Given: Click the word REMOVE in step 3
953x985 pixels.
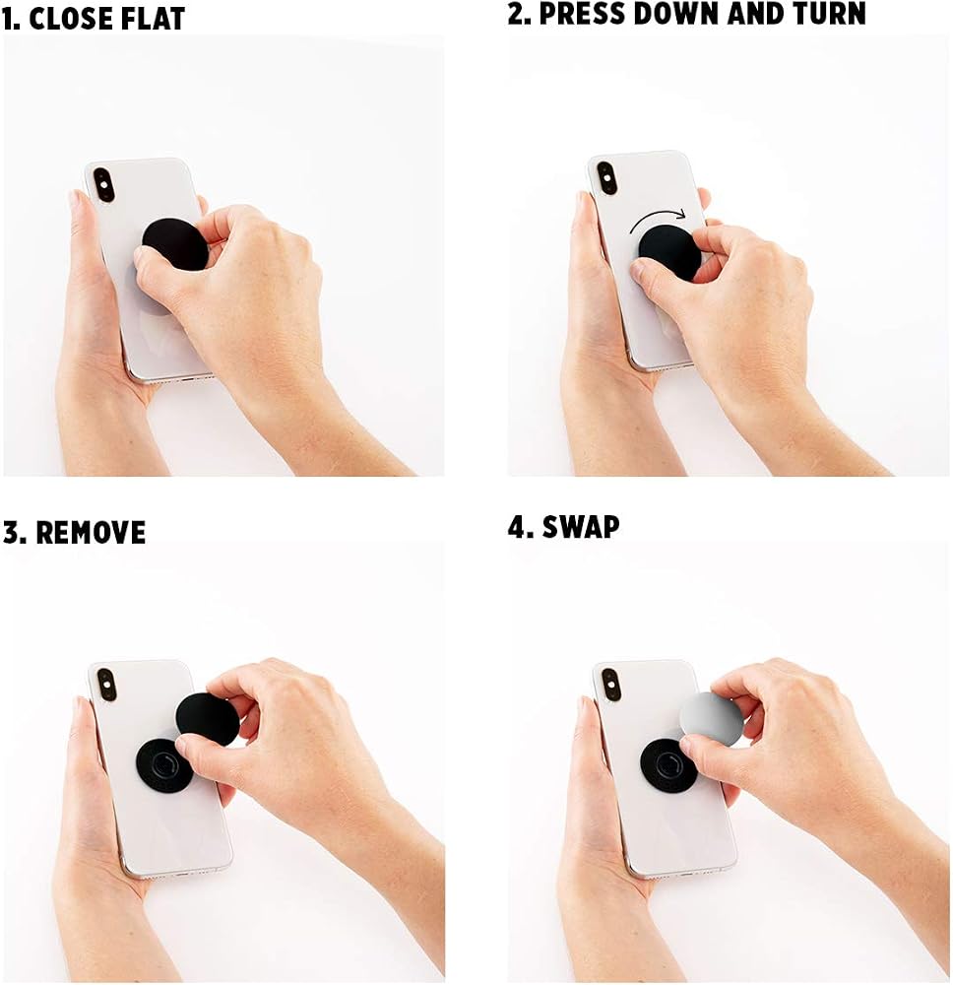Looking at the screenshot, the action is click(91, 533).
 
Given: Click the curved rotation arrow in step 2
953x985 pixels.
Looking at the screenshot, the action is click(658, 220).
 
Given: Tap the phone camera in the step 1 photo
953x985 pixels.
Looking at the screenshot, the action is click(103, 184).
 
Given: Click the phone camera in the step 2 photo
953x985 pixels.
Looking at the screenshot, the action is click(606, 177).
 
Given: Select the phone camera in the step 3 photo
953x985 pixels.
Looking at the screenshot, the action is click(106, 686).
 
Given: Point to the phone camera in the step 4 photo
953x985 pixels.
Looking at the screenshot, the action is click(611, 685).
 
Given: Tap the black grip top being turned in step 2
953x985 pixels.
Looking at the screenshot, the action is click(669, 252).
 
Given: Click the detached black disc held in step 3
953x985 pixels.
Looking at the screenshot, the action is click(208, 720).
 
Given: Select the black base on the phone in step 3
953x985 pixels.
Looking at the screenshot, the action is click(163, 765).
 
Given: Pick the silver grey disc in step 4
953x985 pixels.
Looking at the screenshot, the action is click(712, 719).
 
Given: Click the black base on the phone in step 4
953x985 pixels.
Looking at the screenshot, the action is click(667, 765).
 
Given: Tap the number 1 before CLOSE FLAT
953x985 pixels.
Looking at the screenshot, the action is click(11, 18).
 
